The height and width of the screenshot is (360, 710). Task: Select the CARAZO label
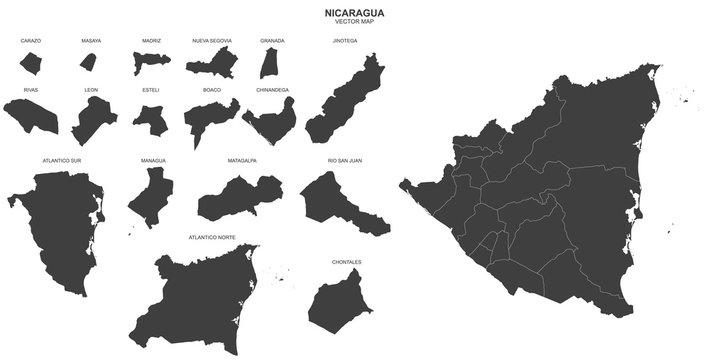[x=30, y=41]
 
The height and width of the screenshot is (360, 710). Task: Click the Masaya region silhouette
[x=89, y=62]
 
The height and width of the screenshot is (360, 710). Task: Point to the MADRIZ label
[x=152, y=41]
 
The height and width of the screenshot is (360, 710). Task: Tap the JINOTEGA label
[x=345, y=41]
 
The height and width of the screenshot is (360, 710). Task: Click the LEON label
[x=91, y=90]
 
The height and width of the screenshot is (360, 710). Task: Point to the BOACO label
[x=212, y=90]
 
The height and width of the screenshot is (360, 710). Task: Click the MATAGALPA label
[x=242, y=158]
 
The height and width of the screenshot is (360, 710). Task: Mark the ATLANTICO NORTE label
[x=212, y=237]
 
